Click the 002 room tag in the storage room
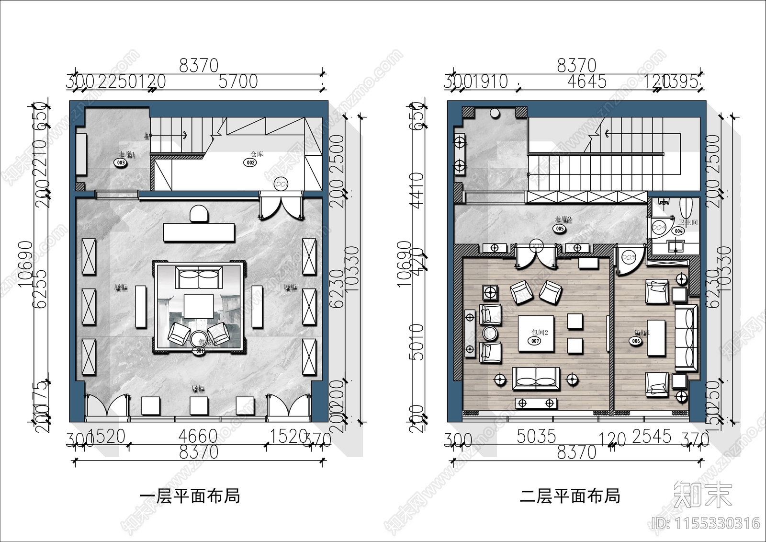[250, 162]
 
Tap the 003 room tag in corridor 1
[120, 163]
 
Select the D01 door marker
[280, 184]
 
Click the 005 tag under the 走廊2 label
[560, 229]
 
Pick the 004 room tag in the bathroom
[678, 231]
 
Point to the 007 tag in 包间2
[535, 341]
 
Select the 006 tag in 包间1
[635, 341]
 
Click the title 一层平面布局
[190, 496]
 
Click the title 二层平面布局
[570, 496]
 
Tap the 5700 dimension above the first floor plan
[238, 81]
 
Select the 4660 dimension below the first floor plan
[198, 437]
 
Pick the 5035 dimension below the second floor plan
[536, 437]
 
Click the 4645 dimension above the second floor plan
[586, 81]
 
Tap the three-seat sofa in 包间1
[686, 338]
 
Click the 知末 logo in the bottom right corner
[703, 495]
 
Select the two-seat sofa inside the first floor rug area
[199, 278]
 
